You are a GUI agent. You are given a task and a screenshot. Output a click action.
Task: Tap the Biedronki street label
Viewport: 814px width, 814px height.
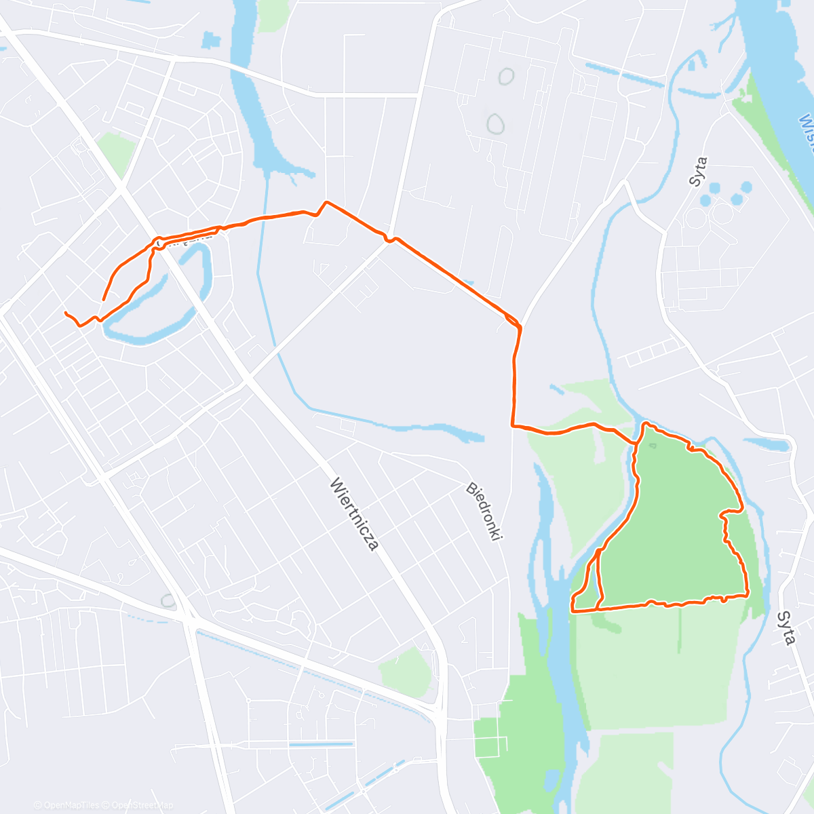point(484,511)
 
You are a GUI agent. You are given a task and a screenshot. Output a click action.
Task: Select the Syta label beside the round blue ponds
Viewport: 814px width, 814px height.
point(698,172)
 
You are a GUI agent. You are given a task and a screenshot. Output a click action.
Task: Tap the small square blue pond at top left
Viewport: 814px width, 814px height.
point(211,40)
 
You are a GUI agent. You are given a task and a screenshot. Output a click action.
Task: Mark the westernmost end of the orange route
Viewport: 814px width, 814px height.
point(65,313)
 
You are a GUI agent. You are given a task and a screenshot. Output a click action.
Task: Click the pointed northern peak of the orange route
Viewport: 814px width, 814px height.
point(326,202)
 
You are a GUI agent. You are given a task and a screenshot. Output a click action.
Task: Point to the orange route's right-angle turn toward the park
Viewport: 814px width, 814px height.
point(513,426)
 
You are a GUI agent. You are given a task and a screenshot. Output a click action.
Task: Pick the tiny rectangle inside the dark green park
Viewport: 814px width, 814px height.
point(652,446)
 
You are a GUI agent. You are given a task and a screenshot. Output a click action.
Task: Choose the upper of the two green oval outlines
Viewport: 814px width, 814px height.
point(505,77)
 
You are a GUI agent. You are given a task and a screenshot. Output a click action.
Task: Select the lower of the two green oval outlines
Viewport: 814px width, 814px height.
point(496,123)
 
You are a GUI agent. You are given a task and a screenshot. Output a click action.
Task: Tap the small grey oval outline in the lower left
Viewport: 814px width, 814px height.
point(168,601)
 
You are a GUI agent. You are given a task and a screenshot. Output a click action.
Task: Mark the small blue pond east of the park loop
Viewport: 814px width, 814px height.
point(769,444)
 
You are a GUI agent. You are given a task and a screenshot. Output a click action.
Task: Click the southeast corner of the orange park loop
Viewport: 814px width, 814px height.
point(747,595)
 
